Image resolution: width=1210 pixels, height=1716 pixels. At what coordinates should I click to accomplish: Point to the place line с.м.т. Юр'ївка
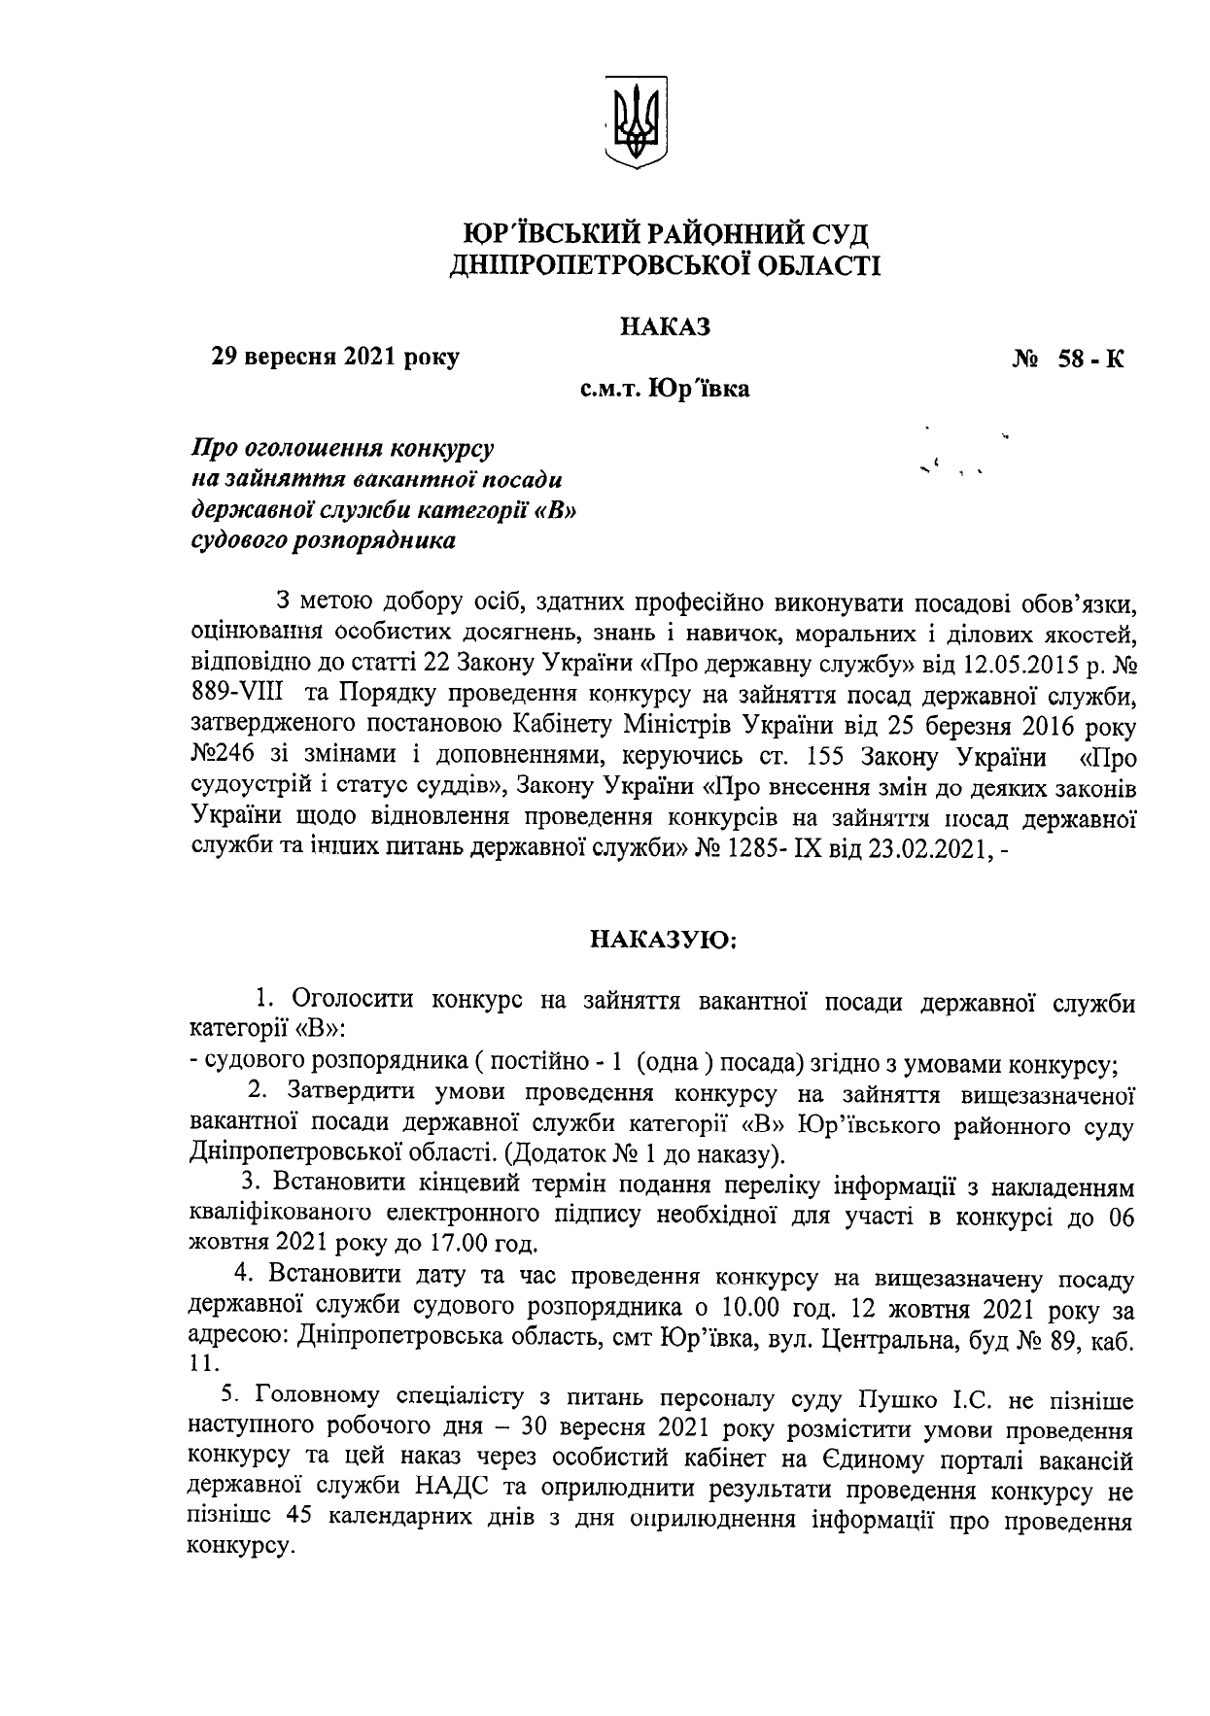(x=666, y=391)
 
